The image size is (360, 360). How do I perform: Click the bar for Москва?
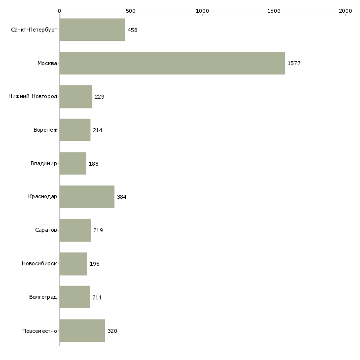tap(172, 63)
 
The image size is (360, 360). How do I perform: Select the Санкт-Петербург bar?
tap(92, 30)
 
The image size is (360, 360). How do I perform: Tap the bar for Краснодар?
tap(87, 197)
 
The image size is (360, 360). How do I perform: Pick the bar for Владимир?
tap(73, 163)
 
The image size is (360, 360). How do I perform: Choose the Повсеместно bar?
tap(82, 330)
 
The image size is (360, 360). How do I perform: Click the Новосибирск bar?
tap(73, 264)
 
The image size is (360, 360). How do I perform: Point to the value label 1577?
tap(294, 63)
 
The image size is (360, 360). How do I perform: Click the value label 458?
tap(132, 30)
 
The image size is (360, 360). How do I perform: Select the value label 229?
tap(100, 97)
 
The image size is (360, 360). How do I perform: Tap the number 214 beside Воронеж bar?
tap(97, 130)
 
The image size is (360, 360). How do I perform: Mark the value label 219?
tap(98, 230)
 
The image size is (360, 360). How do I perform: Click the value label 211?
tap(97, 297)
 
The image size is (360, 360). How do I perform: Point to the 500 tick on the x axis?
tap(131, 11)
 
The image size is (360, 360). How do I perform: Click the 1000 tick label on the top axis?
tap(202, 11)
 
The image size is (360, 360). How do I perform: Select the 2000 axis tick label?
tap(345, 11)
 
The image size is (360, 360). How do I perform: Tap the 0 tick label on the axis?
tap(60, 11)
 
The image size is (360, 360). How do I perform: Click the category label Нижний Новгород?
tap(33, 96)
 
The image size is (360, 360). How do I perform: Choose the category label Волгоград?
tap(43, 297)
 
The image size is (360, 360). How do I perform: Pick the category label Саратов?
tap(46, 230)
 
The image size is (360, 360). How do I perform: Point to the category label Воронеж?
tap(45, 130)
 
